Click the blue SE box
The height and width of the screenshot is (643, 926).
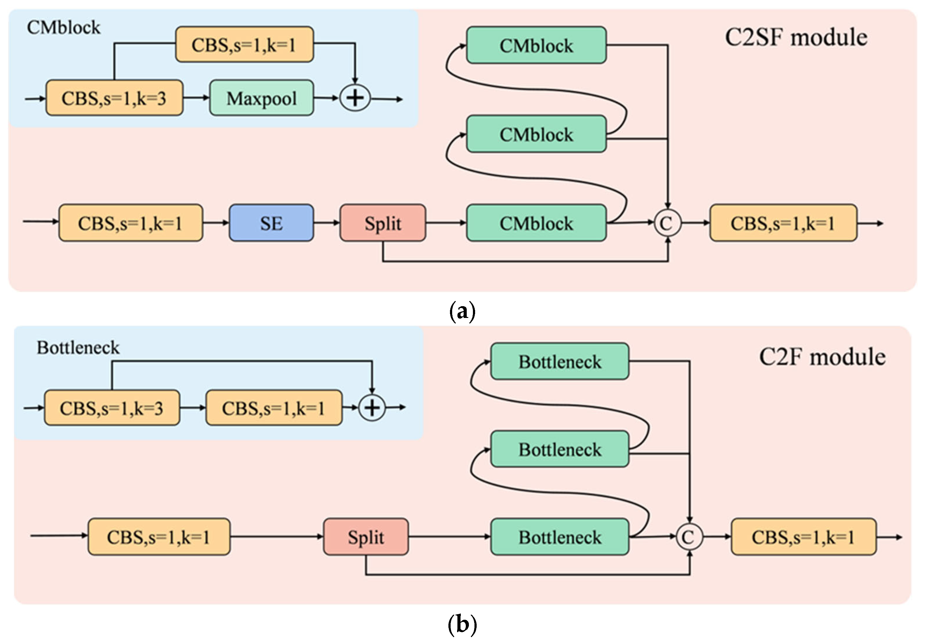[271, 223]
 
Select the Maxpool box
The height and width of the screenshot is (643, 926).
[261, 98]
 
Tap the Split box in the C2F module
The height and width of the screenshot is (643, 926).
[366, 537]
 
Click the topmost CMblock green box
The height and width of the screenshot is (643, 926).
[536, 45]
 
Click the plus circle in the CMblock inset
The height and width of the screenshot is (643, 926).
[355, 98]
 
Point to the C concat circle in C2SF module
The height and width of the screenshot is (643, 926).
[667, 222]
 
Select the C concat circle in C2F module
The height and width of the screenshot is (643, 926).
[689, 537]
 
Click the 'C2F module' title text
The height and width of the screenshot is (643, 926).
[822, 357]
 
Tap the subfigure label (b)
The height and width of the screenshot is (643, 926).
[462, 625]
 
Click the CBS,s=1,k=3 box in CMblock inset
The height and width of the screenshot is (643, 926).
[114, 98]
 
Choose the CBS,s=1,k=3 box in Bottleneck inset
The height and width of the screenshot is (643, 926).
[112, 408]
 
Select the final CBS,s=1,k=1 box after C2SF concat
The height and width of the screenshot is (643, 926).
[783, 223]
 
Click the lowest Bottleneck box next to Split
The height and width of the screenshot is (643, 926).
[559, 537]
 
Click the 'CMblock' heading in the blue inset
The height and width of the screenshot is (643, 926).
[63, 27]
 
